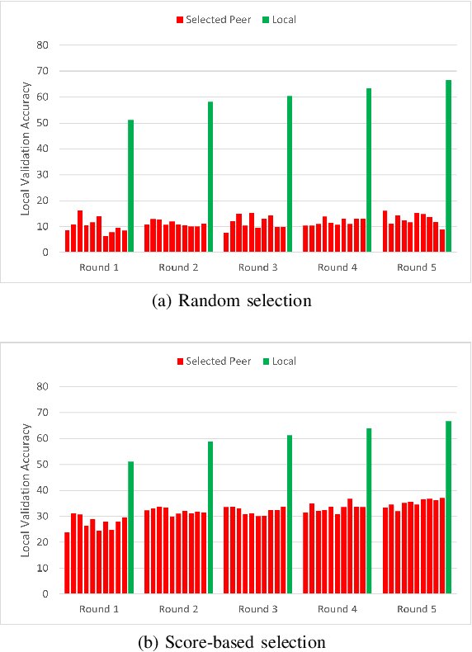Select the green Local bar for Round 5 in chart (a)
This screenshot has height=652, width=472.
coord(449,166)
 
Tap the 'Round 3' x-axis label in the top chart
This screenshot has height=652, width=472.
coord(257,267)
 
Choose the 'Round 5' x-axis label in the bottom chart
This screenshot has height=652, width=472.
coord(417,609)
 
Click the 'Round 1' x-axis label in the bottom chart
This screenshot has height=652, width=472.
coord(98,609)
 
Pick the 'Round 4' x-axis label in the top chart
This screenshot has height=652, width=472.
coord(337,267)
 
